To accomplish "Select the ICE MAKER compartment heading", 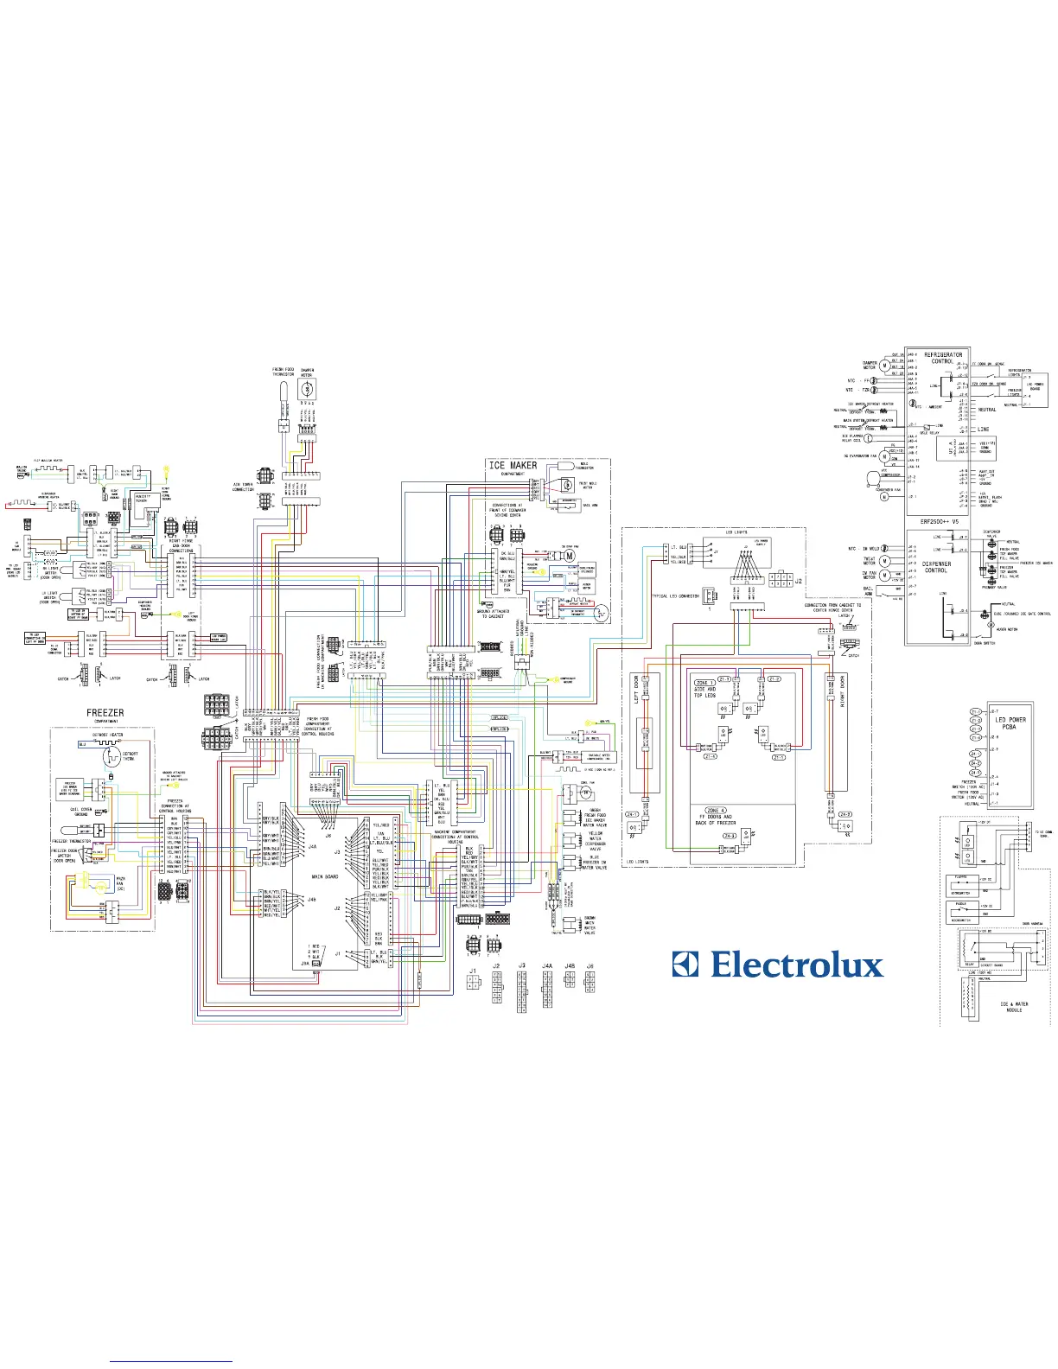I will pos(513,465).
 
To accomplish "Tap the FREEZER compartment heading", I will pos(105,713).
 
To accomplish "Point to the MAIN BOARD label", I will pos(325,876).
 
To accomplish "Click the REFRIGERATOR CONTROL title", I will pos(943,358).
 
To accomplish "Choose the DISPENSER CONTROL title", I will pos(936,567).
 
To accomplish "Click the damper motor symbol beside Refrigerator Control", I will pos(884,366).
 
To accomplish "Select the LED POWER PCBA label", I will pos(1010,723).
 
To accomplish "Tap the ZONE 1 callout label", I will pos(704,683).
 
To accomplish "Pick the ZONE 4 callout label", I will pos(717,811).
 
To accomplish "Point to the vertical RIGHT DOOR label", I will pos(842,692).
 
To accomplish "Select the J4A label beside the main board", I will pos(312,847).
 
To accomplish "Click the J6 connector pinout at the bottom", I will pos(590,984).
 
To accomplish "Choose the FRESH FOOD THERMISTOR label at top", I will pos(284,372).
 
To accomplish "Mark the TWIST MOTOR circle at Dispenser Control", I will pos(884,562).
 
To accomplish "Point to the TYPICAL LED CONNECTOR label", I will pos(675,595).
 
